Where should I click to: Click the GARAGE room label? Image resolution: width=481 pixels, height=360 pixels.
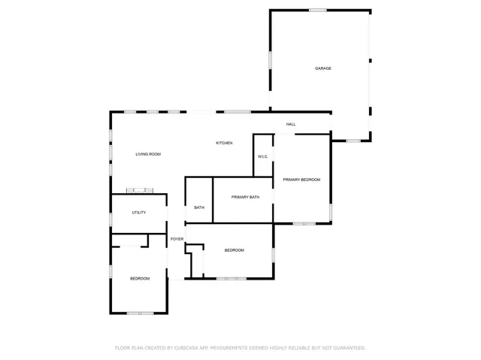(x=323, y=68)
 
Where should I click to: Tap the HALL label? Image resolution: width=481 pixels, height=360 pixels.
(x=291, y=124)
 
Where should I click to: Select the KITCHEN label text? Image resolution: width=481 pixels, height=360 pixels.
(x=224, y=143)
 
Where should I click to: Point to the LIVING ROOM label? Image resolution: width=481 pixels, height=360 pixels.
(x=148, y=154)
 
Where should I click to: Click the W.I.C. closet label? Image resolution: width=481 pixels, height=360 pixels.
(x=263, y=156)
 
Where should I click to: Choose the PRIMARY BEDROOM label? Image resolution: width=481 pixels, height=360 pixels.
(x=301, y=180)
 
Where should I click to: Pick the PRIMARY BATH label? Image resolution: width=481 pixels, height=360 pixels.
(x=245, y=197)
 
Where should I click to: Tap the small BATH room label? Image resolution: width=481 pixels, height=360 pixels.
(x=199, y=207)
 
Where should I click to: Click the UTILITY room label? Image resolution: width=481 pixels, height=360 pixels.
(x=139, y=213)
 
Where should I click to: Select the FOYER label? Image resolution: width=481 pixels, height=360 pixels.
(x=177, y=239)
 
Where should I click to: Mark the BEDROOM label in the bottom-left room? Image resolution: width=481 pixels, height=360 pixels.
(x=140, y=279)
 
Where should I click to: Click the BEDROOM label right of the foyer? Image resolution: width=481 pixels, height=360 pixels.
(x=234, y=250)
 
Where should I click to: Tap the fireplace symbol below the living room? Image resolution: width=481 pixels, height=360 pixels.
(x=140, y=190)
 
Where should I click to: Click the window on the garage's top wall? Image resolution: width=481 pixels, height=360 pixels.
(x=318, y=10)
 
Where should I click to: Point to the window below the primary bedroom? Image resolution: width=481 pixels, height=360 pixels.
(x=304, y=223)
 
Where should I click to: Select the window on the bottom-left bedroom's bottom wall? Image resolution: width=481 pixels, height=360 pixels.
(x=140, y=313)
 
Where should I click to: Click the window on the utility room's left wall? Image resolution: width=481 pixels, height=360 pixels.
(x=111, y=219)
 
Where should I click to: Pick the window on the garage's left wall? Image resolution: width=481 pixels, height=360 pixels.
(x=270, y=63)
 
